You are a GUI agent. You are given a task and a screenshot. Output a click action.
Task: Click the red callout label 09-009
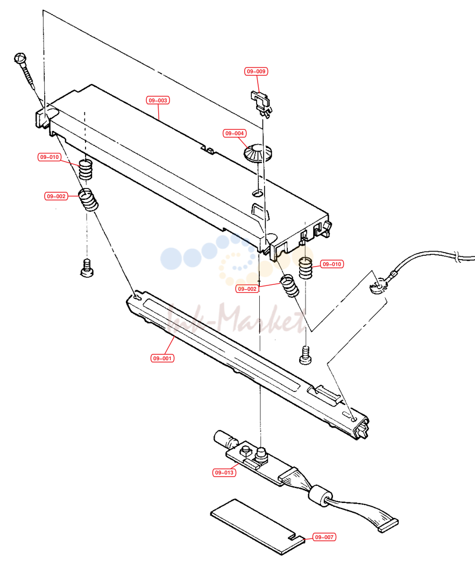256,72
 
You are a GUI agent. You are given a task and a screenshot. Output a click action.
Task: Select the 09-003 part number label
158,100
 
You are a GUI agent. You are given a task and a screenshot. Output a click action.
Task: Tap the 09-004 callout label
235,133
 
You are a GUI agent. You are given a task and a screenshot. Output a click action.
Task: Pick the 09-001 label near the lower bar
162,358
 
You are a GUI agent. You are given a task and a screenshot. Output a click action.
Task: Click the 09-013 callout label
224,472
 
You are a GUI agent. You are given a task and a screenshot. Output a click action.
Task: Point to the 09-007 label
324,537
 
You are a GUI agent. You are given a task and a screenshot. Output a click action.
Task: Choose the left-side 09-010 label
49,157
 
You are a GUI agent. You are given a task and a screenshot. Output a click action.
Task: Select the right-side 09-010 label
332,264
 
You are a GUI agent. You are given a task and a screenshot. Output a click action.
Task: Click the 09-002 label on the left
56,197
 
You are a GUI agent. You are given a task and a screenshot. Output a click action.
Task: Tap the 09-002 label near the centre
247,289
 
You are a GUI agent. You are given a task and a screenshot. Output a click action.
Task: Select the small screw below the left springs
87,268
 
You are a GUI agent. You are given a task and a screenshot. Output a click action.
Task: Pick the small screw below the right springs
306,355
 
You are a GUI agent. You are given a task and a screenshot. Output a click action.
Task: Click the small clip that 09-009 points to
261,104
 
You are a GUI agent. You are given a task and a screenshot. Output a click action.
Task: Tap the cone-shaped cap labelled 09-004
258,153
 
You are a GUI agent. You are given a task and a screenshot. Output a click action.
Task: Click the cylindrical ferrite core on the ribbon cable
320,496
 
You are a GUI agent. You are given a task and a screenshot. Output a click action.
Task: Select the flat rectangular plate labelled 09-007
258,527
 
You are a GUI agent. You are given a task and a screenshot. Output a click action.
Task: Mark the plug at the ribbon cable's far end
388,526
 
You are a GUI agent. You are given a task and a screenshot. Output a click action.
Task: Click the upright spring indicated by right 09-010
306,268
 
